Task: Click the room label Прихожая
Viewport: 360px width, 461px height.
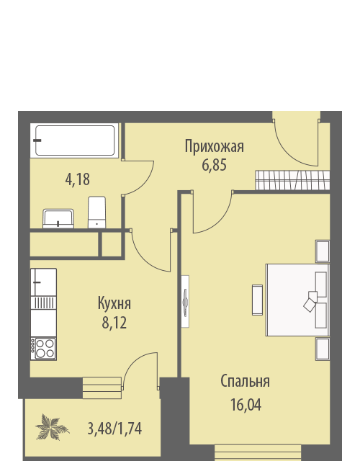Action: (215, 146)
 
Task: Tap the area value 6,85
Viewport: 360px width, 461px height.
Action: (215, 165)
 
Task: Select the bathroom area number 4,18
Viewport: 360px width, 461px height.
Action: (78, 179)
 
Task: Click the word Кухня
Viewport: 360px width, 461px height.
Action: (114, 303)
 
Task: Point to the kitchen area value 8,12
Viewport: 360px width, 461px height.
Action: (114, 323)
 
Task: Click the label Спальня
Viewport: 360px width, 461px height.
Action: (246, 381)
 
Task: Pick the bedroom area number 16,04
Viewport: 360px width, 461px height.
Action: (246, 405)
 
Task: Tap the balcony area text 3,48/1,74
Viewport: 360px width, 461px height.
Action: (115, 429)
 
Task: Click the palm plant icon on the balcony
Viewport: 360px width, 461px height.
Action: (52, 427)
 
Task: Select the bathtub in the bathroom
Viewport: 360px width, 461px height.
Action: (75, 140)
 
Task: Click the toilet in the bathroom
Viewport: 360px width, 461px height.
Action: (96, 212)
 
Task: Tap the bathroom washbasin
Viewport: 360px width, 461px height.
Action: (58, 218)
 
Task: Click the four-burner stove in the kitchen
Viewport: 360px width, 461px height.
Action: (44, 349)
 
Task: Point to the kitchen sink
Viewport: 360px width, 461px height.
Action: (43, 282)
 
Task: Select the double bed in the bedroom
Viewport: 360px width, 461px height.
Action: (297, 300)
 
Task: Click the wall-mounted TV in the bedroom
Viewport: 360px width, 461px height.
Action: (185, 302)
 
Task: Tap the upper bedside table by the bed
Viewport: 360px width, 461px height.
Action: (323, 251)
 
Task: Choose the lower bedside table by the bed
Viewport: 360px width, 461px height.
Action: (323, 349)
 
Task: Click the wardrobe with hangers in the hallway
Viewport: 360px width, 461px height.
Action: (292, 180)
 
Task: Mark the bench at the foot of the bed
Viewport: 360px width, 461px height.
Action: (257, 300)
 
